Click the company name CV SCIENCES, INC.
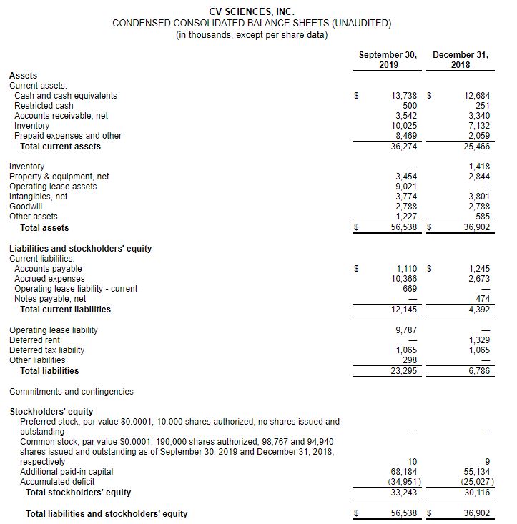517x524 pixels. (x=252, y=11)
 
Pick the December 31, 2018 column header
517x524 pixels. (x=461, y=60)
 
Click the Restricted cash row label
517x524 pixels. (x=44, y=106)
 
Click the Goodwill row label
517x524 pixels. (x=26, y=207)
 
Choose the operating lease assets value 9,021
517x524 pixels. (x=406, y=187)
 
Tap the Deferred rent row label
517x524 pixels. (x=34, y=340)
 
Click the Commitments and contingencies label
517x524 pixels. (x=71, y=392)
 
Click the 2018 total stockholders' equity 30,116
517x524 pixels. (x=476, y=493)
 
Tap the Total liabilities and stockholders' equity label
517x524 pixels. (x=107, y=514)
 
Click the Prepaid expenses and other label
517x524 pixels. (x=68, y=136)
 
